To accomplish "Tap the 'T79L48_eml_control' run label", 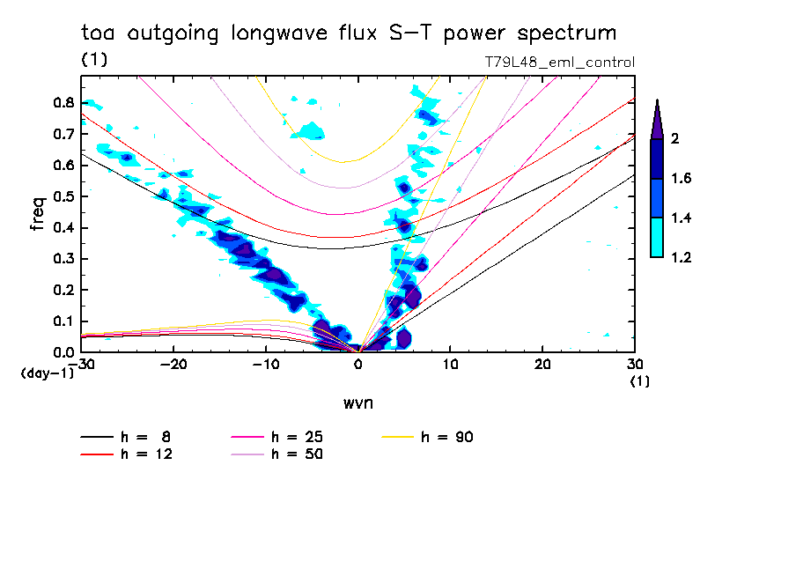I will pos(560,63).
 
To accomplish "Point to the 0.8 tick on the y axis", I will pos(63,102).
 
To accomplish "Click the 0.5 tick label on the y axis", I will pos(63,196).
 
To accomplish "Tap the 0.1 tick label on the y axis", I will pos(63,321).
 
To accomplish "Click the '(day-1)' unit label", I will pos(46,373).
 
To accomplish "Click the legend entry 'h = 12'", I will pos(145,454).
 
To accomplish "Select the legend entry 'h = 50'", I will pos(297,454).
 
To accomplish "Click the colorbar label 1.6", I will pos(682,179).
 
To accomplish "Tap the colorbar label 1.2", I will pos(682,258).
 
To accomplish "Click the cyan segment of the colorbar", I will pos(657,237).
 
